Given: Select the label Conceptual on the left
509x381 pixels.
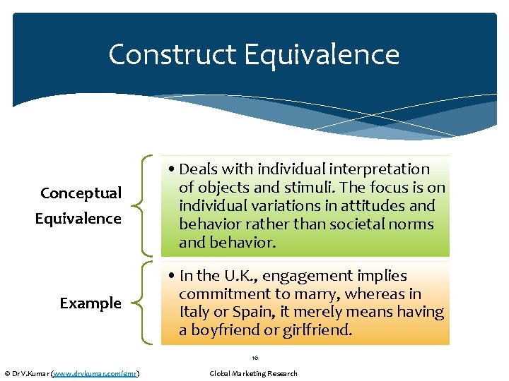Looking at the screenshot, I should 81,193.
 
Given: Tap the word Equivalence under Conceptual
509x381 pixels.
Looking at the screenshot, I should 78,219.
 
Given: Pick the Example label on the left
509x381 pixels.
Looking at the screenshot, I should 90,303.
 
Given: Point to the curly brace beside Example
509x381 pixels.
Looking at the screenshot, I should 145,303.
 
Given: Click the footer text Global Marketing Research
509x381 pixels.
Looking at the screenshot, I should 254,373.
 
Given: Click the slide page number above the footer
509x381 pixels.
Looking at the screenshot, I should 254,358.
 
